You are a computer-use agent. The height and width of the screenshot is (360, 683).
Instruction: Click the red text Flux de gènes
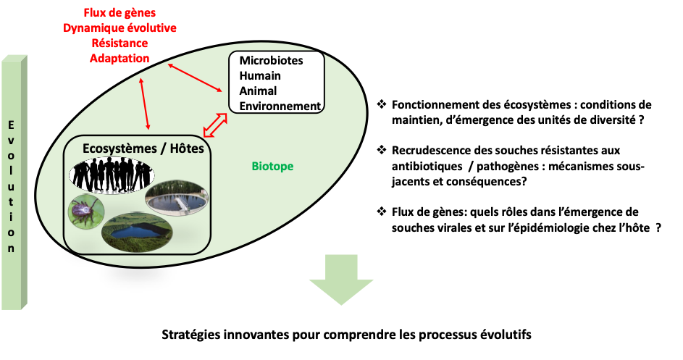pyautogui.click(x=120, y=13)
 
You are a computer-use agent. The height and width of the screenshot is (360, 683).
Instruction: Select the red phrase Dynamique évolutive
pyautogui.click(x=120, y=28)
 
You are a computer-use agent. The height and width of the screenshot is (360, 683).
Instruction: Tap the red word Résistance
pyautogui.click(x=120, y=43)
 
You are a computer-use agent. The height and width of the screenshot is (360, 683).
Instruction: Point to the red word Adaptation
pyautogui.click(x=120, y=59)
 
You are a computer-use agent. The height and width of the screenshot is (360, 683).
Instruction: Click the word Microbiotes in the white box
pyautogui.click(x=271, y=61)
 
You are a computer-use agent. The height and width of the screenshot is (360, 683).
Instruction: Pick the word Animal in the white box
pyautogui.click(x=258, y=91)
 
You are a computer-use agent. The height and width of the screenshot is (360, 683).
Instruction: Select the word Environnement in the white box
pyautogui.click(x=280, y=106)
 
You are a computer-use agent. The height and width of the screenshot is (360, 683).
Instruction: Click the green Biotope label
pyautogui.click(x=272, y=167)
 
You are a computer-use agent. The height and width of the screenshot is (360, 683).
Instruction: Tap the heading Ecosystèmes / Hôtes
pyautogui.click(x=138, y=148)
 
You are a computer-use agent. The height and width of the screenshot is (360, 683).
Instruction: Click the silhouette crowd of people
pyautogui.click(x=112, y=175)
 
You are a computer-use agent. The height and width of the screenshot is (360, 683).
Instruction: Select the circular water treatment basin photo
pyautogui.click(x=176, y=198)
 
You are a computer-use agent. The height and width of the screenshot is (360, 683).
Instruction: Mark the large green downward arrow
pyautogui.click(x=341, y=279)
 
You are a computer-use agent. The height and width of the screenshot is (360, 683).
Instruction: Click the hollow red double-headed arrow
pyautogui.click(x=215, y=125)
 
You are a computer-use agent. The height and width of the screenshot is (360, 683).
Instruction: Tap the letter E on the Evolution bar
pyautogui.click(x=11, y=125)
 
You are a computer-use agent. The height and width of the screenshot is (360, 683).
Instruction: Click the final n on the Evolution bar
pyautogui.click(x=11, y=248)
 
